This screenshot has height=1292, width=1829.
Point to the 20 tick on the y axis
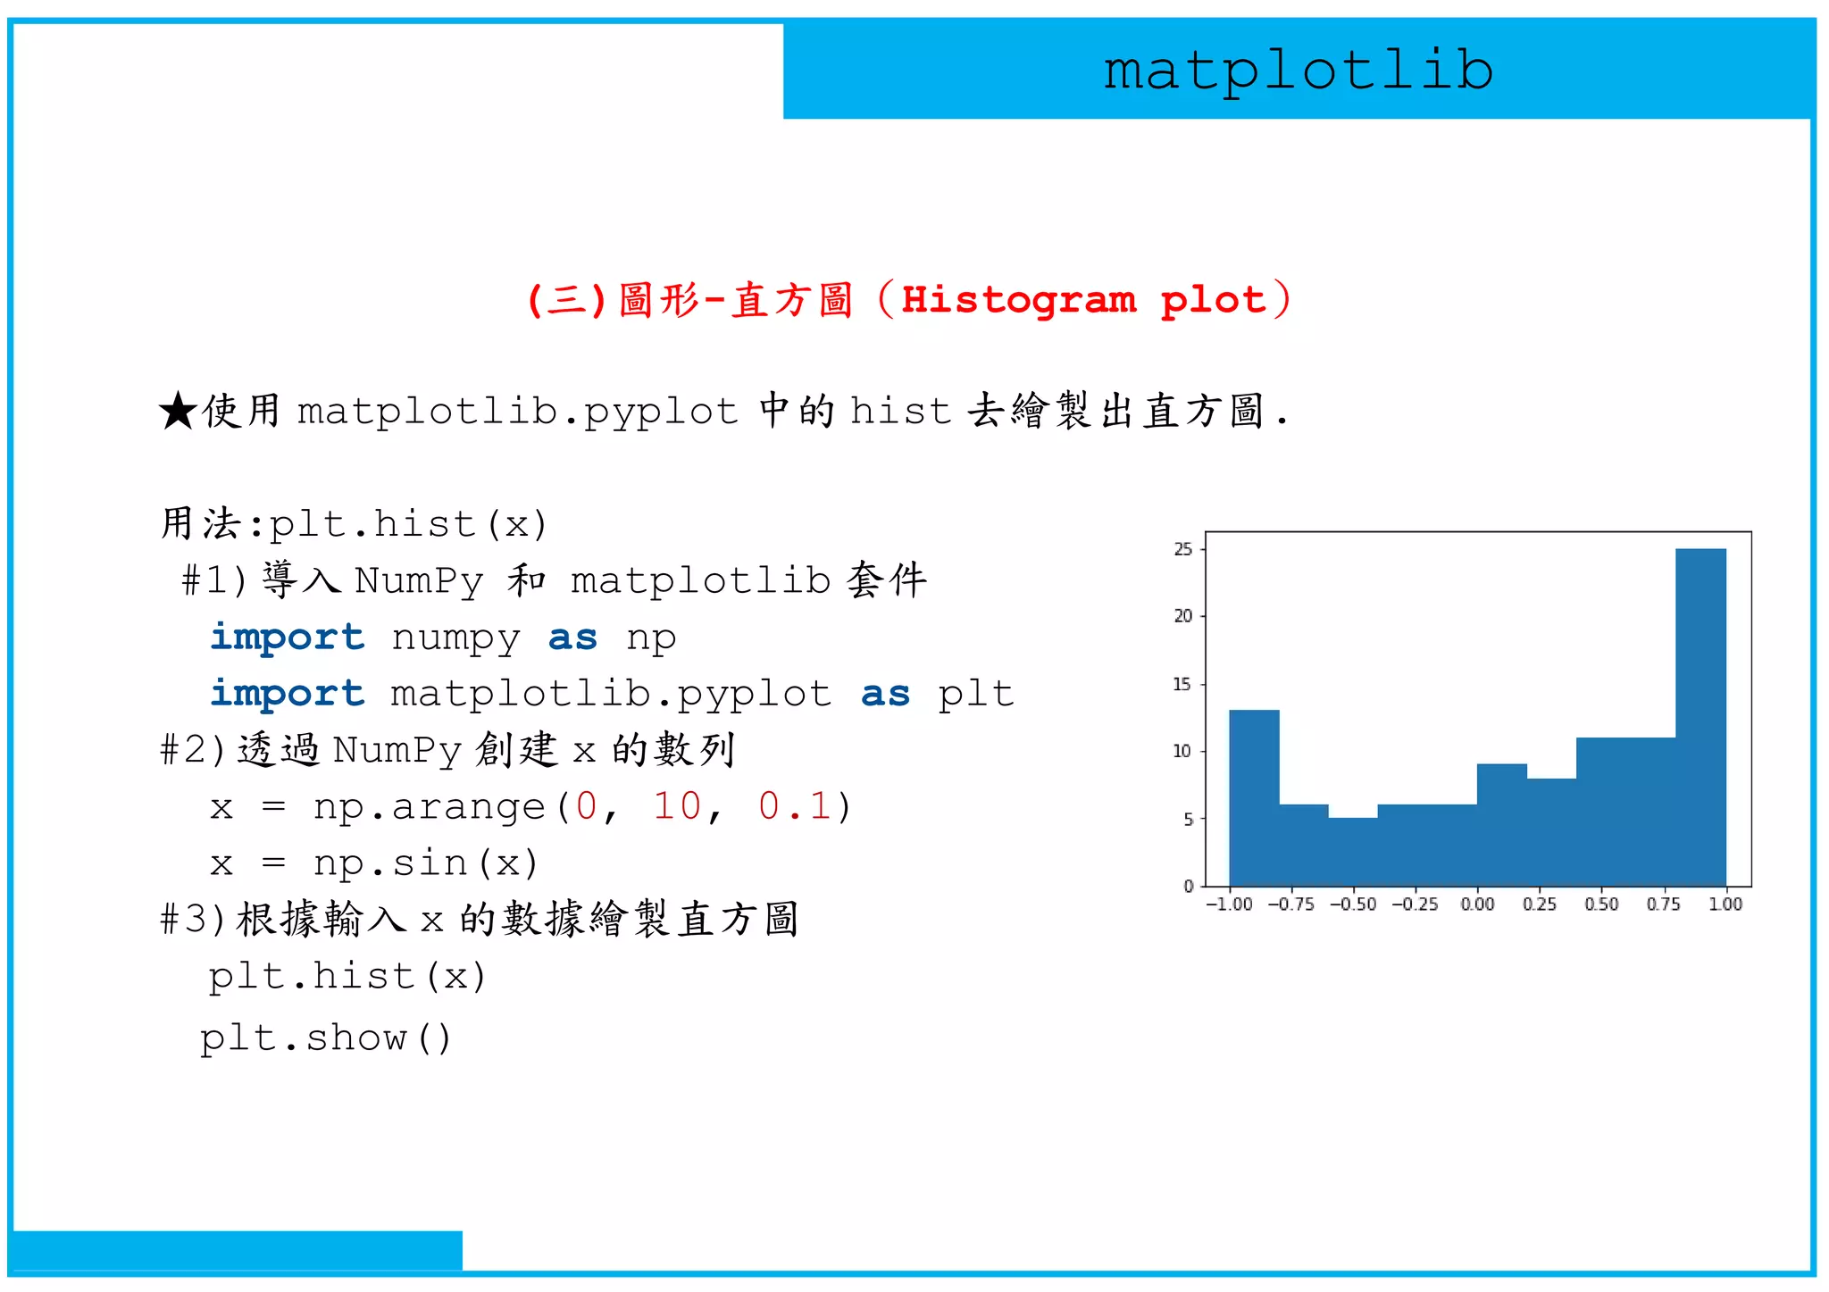pyautogui.click(x=1183, y=616)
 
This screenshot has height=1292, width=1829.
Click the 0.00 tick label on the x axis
pyautogui.click(x=1477, y=904)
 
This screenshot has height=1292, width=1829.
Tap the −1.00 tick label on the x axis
pyautogui.click(x=1229, y=904)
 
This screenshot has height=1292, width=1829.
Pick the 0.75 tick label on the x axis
pyautogui.click(x=1663, y=904)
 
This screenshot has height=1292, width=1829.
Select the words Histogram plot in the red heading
pyautogui.click(x=1083, y=300)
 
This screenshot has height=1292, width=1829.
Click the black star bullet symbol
pyautogui.click(x=178, y=412)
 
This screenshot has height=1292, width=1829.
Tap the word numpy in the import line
pyautogui.click(x=455, y=638)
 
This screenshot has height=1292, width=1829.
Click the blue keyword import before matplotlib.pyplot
pyautogui.click(x=288, y=694)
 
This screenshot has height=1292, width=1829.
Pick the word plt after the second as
pyautogui.click(x=975, y=694)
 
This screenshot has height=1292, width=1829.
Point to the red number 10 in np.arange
pyautogui.click(x=677, y=806)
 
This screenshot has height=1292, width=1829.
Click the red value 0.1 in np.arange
pyautogui.click(x=794, y=806)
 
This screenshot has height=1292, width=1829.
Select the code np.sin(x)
pyautogui.click(x=426, y=863)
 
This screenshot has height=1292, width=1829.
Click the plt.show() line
pyautogui.click(x=326, y=1038)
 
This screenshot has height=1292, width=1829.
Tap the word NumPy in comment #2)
pyautogui.click(x=397, y=750)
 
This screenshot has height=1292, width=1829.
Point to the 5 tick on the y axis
pyautogui.click(x=1188, y=819)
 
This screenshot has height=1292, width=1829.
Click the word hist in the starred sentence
pyautogui.click(x=900, y=412)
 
